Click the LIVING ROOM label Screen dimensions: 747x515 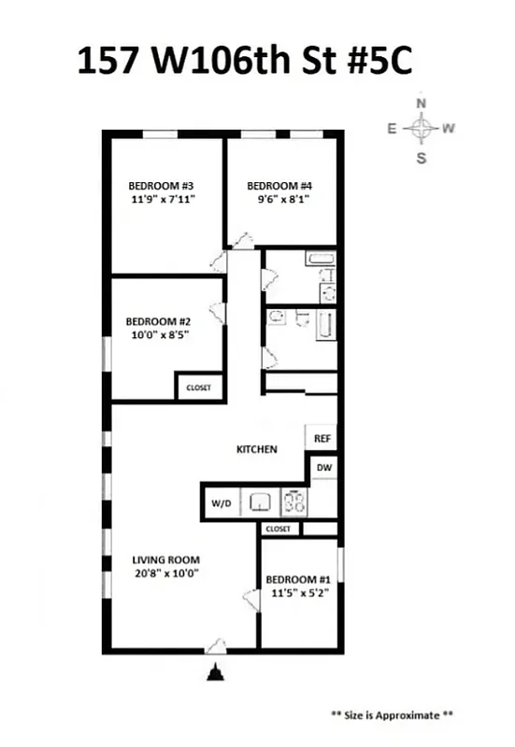pyautogui.click(x=165, y=560)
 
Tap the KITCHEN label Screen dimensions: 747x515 pyautogui.click(x=256, y=449)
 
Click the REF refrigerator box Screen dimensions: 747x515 pyautogui.click(x=322, y=438)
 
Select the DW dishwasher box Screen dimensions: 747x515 pyautogui.click(x=323, y=467)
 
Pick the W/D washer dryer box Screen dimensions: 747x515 pyautogui.click(x=222, y=503)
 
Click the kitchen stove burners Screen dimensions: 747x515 pyautogui.click(x=295, y=503)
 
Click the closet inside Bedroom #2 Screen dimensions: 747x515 pyautogui.click(x=199, y=388)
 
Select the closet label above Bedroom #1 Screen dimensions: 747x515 pyautogui.click(x=279, y=529)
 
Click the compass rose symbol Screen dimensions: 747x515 pyautogui.click(x=422, y=129)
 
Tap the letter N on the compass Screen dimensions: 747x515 pyautogui.click(x=422, y=104)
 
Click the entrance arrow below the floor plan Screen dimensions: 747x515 pyautogui.click(x=216, y=672)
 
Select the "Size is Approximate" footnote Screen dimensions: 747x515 pyautogui.click(x=393, y=715)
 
